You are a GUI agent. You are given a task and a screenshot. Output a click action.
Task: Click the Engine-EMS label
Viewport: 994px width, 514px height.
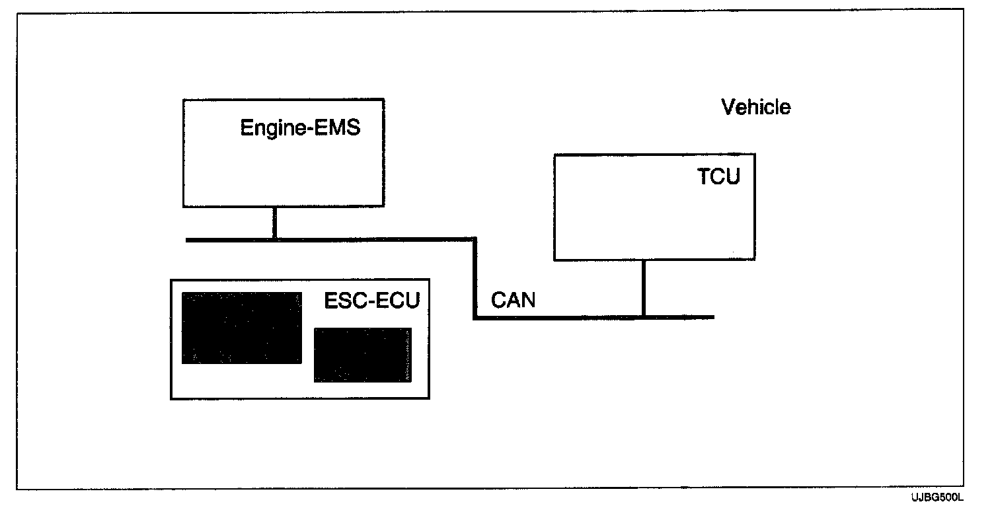click(300, 128)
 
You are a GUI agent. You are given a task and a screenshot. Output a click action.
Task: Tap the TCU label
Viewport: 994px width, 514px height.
click(718, 176)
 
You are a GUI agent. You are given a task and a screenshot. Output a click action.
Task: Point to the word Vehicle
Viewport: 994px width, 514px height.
click(755, 107)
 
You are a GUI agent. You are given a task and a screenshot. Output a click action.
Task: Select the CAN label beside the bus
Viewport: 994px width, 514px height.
click(514, 300)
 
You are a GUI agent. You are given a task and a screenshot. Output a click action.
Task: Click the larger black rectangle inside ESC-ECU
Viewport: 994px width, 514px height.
click(242, 328)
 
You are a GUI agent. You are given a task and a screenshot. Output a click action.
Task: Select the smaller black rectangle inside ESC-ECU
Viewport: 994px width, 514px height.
click(362, 355)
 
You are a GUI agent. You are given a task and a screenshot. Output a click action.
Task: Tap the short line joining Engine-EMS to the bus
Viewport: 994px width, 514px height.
click(274, 223)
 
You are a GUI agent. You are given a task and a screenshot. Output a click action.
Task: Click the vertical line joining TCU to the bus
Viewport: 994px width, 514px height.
click(643, 288)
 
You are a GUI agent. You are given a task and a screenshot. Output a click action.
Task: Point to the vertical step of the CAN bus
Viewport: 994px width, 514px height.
click(475, 279)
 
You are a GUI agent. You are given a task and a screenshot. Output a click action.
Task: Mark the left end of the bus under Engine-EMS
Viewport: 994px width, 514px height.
click(188, 239)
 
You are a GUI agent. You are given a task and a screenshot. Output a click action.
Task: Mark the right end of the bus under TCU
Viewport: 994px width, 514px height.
click(713, 318)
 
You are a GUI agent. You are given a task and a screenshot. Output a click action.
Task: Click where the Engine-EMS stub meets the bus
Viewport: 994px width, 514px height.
click(274, 239)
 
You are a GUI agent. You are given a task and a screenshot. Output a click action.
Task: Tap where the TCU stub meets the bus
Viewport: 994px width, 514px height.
click(643, 318)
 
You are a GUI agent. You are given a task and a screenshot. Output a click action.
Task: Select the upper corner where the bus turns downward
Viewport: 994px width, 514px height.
click(475, 239)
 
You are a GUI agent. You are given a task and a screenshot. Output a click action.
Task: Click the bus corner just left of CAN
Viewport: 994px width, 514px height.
click(475, 318)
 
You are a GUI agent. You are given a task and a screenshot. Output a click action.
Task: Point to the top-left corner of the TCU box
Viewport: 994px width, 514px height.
click(554, 155)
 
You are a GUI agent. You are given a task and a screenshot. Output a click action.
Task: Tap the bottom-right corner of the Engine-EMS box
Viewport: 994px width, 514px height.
click(383, 206)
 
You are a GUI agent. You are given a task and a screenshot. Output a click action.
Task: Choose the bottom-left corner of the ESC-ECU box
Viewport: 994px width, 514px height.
click(171, 398)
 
